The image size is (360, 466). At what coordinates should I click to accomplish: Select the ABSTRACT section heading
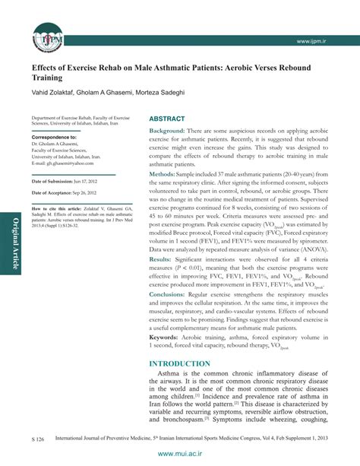coord(166,120)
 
